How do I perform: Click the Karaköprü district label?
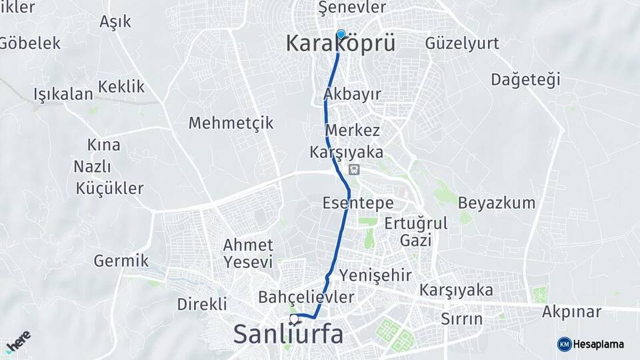coord(340,44)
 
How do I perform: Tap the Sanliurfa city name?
coord(288,335)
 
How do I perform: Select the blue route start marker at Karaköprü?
coord(341,34)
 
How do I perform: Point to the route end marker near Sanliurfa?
coord(294,319)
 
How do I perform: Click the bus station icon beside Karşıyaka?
coord(353,169)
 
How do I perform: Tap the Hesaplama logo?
coord(590,344)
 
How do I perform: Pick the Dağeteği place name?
coord(525,80)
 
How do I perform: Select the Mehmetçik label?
coord(231,123)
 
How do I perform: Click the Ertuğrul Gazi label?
coord(416,231)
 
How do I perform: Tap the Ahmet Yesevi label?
coord(248,253)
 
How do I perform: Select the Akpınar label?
coord(571,311)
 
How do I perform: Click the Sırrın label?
coord(461,319)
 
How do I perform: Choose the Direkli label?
coord(202,304)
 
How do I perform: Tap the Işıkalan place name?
coord(63,94)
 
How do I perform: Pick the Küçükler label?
coord(110,189)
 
